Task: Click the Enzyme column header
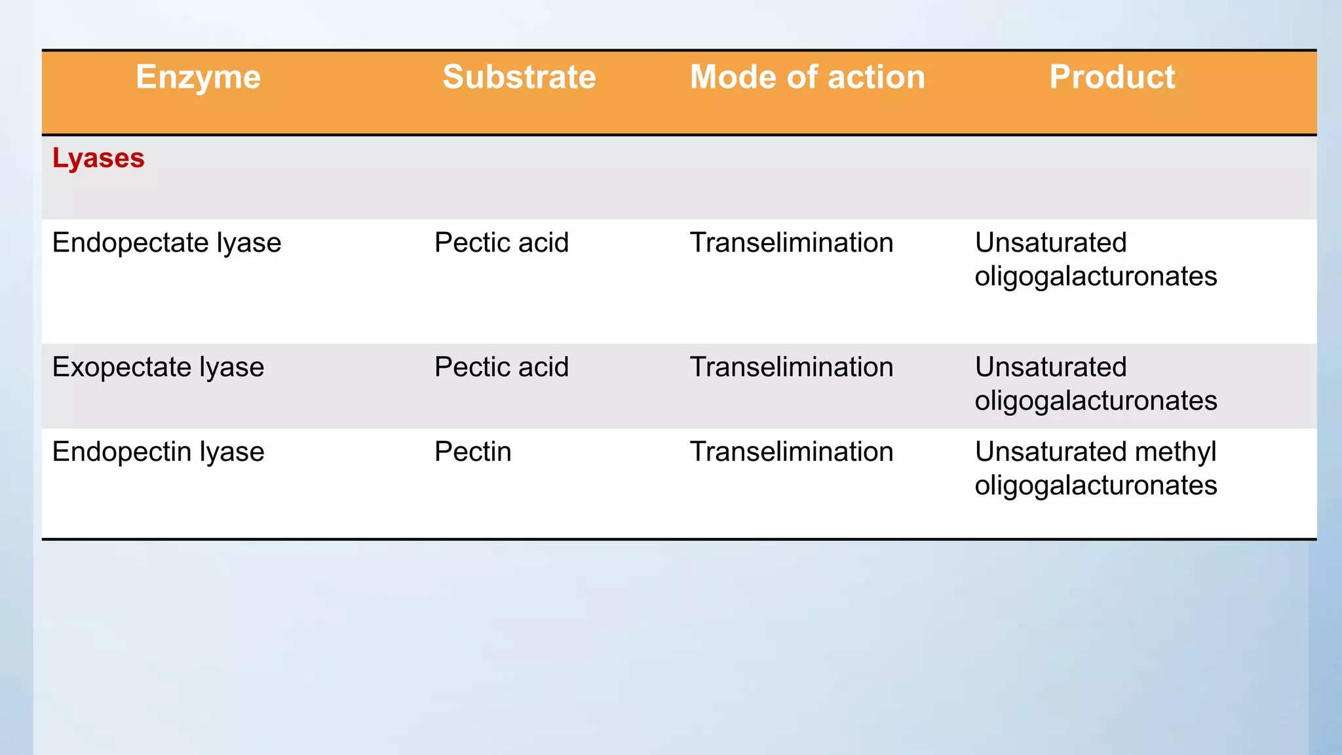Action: point(198,77)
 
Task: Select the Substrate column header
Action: point(519,77)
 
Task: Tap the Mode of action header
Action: point(807,77)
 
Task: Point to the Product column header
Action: point(1112,77)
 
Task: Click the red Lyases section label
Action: point(98,159)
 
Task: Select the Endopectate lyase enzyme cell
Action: point(166,243)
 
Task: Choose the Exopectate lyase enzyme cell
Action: point(158,368)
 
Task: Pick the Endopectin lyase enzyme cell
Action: point(158,452)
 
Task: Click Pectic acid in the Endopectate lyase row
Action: point(501,243)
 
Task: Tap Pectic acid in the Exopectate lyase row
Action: point(501,368)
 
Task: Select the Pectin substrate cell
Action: point(472,452)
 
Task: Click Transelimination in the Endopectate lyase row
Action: point(792,243)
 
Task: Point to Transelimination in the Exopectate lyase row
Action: point(792,368)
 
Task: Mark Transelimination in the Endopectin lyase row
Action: point(792,452)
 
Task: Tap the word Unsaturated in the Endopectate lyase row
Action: point(1050,243)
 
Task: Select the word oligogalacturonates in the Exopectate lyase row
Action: point(1096,401)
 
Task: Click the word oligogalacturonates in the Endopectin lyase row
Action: point(1096,486)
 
